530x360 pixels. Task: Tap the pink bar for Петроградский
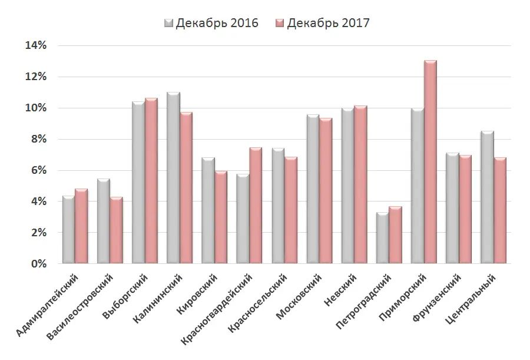(x=395, y=235)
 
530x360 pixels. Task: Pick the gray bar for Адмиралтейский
(x=68, y=230)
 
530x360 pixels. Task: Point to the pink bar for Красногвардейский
(x=256, y=206)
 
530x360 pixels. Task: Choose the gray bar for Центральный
(x=487, y=197)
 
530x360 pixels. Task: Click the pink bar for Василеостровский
(x=117, y=230)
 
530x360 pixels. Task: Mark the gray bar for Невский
(x=347, y=186)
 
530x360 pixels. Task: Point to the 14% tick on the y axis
(x=35, y=45)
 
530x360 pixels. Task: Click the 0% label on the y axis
(x=38, y=264)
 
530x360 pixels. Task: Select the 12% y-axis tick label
(x=35, y=77)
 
